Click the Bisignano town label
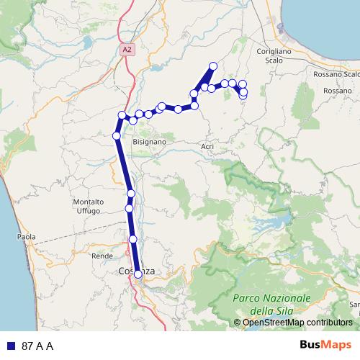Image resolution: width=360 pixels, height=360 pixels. (x=149, y=143)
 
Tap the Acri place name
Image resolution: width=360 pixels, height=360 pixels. (x=207, y=146)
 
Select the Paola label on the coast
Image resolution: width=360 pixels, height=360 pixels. (x=27, y=235)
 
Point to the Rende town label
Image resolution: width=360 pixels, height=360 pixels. (x=99, y=256)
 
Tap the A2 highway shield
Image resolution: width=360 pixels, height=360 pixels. (x=127, y=49)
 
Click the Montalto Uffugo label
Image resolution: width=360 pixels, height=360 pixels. (x=90, y=206)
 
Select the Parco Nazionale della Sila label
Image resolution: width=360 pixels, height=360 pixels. (x=271, y=303)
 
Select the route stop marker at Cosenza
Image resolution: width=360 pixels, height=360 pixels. (x=138, y=274)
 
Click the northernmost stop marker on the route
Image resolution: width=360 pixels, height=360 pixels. (x=213, y=66)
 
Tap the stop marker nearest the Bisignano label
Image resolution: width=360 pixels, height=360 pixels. (x=133, y=120)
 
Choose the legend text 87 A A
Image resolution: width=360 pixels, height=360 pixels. (x=37, y=346)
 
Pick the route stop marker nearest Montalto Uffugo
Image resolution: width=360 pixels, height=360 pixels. (x=130, y=208)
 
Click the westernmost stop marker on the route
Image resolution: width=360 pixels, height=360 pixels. (x=116, y=135)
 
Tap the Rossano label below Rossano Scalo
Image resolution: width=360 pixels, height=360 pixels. (x=337, y=91)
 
